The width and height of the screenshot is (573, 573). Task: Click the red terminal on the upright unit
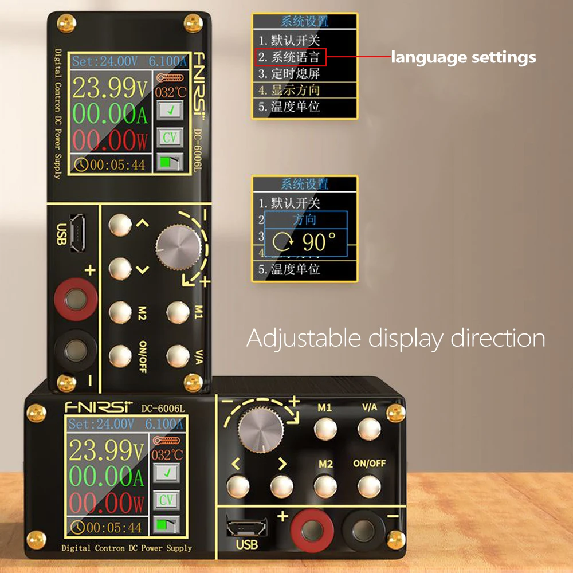[x=74, y=299]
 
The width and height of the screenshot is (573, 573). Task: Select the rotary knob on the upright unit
[x=178, y=248]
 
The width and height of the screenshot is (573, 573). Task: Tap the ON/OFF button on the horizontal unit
[x=369, y=486]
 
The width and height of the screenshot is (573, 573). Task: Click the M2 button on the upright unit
[x=121, y=312]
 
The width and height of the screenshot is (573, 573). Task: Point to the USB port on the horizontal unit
[x=247, y=526]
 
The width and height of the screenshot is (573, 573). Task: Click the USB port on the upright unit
[x=77, y=233]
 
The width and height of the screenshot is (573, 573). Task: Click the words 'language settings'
[x=464, y=57]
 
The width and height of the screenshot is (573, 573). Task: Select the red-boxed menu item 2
[x=291, y=57]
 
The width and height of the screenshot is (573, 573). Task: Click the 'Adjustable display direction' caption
[x=395, y=338]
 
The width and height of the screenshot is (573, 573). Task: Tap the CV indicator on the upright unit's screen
[x=169, y=138]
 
